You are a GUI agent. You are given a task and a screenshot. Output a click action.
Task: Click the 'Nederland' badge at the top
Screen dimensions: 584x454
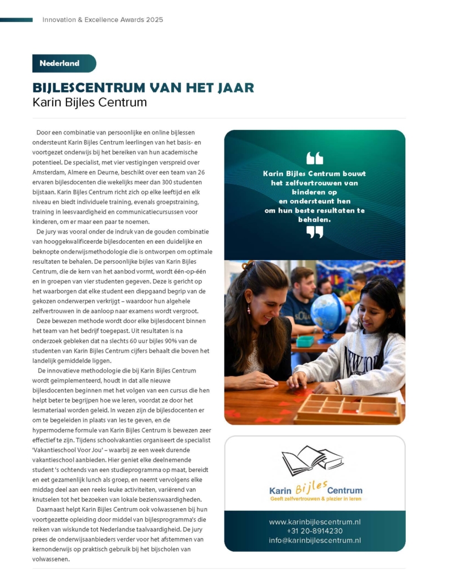coord(63,64)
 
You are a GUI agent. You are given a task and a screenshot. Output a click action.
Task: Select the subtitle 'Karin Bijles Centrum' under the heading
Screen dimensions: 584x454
coord(90,103)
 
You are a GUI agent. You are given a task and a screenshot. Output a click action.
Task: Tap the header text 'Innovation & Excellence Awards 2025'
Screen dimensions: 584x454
coord(103,20)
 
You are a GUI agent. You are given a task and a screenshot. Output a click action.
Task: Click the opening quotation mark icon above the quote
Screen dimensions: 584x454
coord(315,158)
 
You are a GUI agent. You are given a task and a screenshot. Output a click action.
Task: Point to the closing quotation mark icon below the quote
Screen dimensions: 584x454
coord(315,232)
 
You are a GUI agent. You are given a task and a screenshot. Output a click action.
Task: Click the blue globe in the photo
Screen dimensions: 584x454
coord(328,311)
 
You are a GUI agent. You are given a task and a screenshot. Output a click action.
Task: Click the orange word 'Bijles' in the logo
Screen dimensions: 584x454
coord(311,487)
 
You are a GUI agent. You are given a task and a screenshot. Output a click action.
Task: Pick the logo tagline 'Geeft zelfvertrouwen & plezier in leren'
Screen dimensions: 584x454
coord(315,499)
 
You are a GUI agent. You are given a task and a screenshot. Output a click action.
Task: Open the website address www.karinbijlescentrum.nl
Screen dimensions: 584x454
coord(315,522)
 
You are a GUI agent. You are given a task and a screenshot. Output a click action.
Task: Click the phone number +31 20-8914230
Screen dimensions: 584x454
coord(315,531)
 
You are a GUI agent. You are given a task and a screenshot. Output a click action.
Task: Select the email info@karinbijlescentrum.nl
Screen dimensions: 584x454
coord(315,541)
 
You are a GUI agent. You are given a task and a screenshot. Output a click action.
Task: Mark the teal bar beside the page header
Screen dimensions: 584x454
coord(16,20)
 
